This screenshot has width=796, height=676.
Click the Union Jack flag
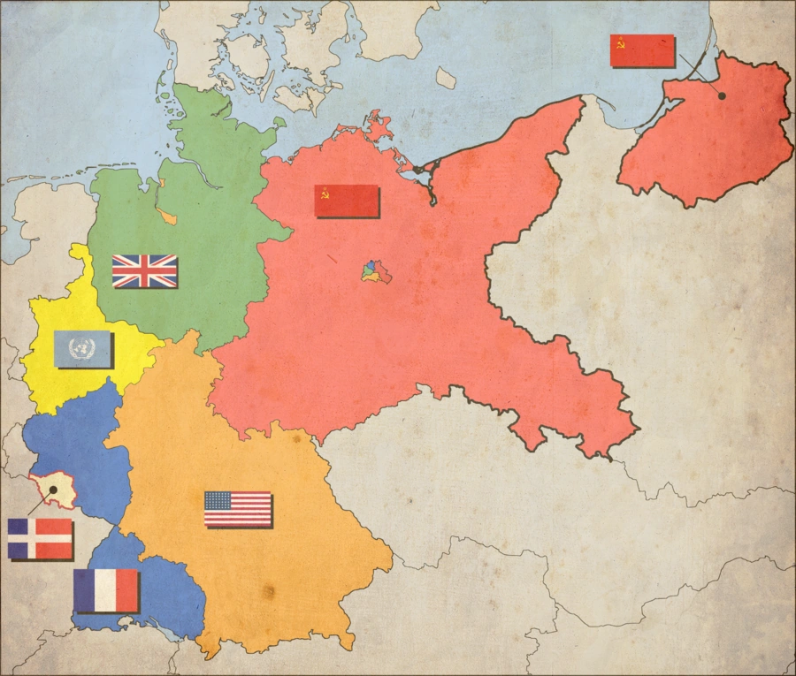[144, 270]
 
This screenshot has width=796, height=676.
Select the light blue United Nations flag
[82, 348]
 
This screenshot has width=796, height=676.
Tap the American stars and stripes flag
[237, 508]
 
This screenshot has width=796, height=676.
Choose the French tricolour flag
[106, 590]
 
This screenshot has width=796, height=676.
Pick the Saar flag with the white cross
[40, 538]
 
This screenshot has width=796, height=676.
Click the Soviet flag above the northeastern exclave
[642, 50]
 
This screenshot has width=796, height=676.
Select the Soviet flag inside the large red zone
[347, 201]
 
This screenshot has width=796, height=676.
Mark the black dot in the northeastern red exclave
[722, 95]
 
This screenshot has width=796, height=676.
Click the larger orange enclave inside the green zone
[166, 216]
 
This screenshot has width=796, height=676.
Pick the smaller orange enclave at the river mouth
[162, 183]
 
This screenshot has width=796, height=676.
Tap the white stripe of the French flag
[106, 590]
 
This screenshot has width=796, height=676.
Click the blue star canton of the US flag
[218, 500]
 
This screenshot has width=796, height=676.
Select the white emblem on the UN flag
[82, 348]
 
